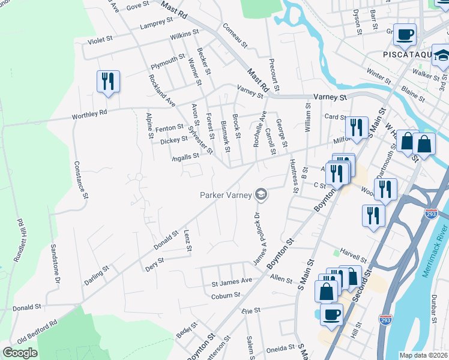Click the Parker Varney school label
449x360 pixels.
point(225,194)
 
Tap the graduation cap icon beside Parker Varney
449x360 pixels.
point(261,194)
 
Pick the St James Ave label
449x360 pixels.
point(231,281)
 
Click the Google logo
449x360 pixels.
point(20,353)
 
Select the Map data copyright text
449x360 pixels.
point(423,355)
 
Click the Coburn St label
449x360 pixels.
point(225,295)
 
